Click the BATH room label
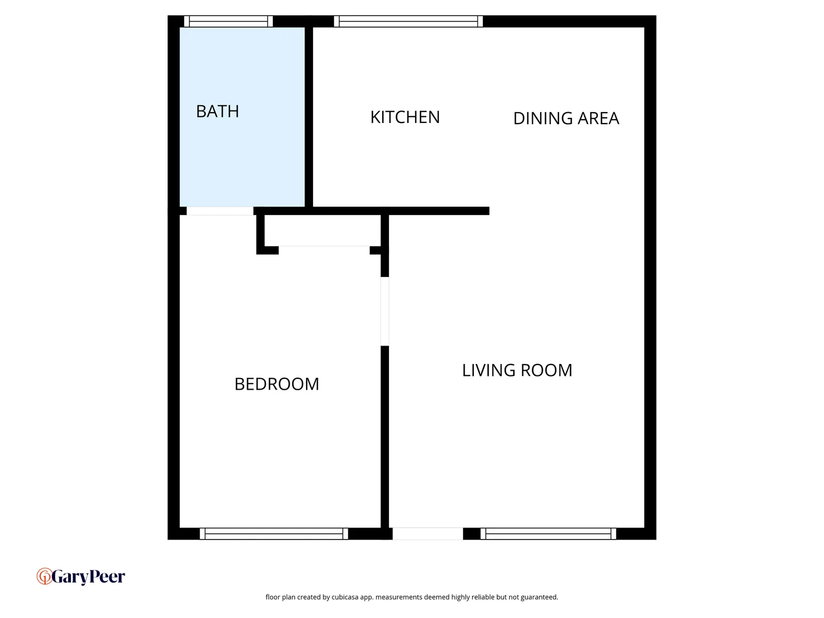click(x=217, y=111)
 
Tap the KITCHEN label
click(x=405, y=117)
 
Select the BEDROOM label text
click(x=277, y=384)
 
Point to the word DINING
click(x=542, y=118)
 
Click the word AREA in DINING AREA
click(x=599, y=118)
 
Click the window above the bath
click(x=228, y=22)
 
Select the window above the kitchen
click(x=408, y=22)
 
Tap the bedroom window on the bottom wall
click(x=274, y=534)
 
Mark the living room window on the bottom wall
click(x=548, y=534)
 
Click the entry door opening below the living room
click(x=427, y=534)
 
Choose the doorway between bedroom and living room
click(x=385, y=311)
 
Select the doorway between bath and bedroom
click(x=220, y=211)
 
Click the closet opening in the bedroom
click(x=324, y=250)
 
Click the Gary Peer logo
click(x=81, y=576)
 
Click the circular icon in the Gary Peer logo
click(x=44, y=576)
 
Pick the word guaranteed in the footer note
click(x=539, y=597)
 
